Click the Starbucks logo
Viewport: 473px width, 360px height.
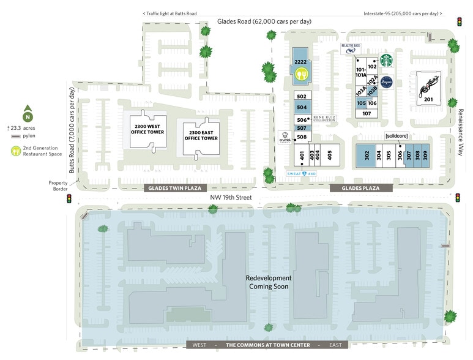click(x=385, y=60)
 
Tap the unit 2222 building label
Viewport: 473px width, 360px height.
click(x=300, y=62)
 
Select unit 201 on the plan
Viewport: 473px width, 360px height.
click(x=428, y=99)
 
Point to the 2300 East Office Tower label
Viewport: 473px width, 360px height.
click(x=201, y=135)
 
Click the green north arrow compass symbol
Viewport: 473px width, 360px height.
click(x=28, y=114)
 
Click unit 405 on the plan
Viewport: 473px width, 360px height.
click(x=329, y=154)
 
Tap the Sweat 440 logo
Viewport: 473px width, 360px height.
click(x=302, y=174)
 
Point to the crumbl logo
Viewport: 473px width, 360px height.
click(x=285, y=137)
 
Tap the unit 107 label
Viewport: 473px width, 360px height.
click(x=367, y=113)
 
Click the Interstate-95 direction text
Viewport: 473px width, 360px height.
click(x=402, y=13)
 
